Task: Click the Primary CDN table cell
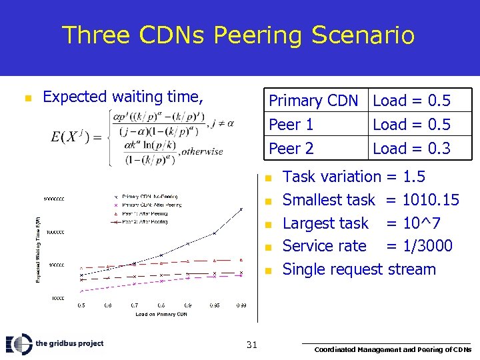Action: pyautogui.click(x=313, y=101)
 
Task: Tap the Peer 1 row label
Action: pyautogui.click(x=291, y=125)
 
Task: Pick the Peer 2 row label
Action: pyautogui.click(x=291, y=148)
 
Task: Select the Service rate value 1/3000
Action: pyautogui.click(x=427, y=246)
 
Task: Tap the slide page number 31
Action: pyautogui.click(x=251, y=345)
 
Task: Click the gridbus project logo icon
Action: pyautogui.click(x=19, y=344)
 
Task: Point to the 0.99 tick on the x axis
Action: pyautogui.click(x=242, y=305)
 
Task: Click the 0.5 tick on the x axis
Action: pyautogui.click(x=81, y=305)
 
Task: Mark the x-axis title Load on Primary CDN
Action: pyautogui.click(x=161, y=313)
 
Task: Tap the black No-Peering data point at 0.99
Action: pyautogui.click(x=242, y=209)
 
